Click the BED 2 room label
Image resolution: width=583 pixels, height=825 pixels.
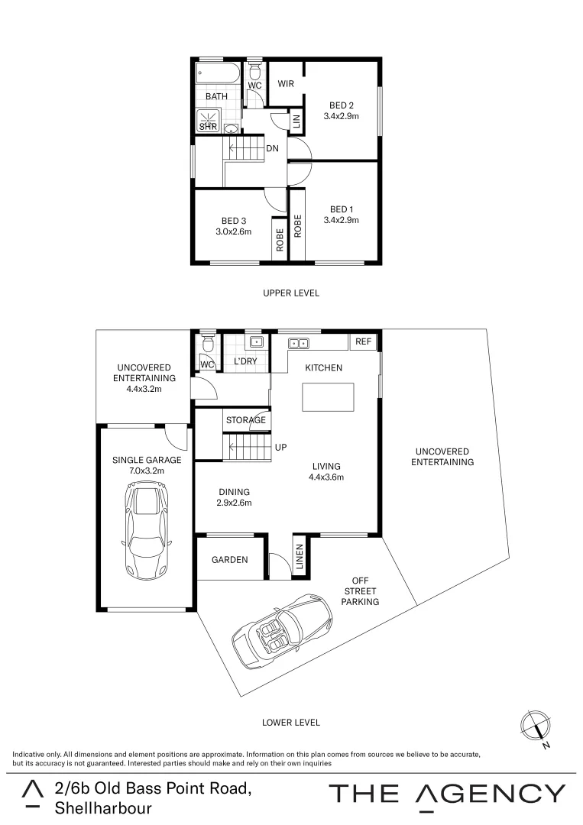342,105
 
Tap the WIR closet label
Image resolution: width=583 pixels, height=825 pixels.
286,84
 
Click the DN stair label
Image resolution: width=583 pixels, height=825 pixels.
272,149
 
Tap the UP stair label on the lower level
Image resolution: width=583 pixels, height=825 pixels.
280,447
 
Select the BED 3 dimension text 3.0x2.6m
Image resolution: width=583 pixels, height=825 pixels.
233,231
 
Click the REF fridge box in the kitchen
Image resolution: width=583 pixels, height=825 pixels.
364,341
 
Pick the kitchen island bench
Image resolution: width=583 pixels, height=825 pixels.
329,397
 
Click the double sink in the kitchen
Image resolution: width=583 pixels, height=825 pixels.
298,344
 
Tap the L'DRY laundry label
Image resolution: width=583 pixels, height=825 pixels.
245,361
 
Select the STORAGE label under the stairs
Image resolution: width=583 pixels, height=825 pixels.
245,420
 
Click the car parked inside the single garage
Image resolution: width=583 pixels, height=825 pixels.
146,532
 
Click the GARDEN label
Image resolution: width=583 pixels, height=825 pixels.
230,560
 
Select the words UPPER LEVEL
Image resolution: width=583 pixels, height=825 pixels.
291,293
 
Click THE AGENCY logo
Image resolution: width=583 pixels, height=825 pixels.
447,794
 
